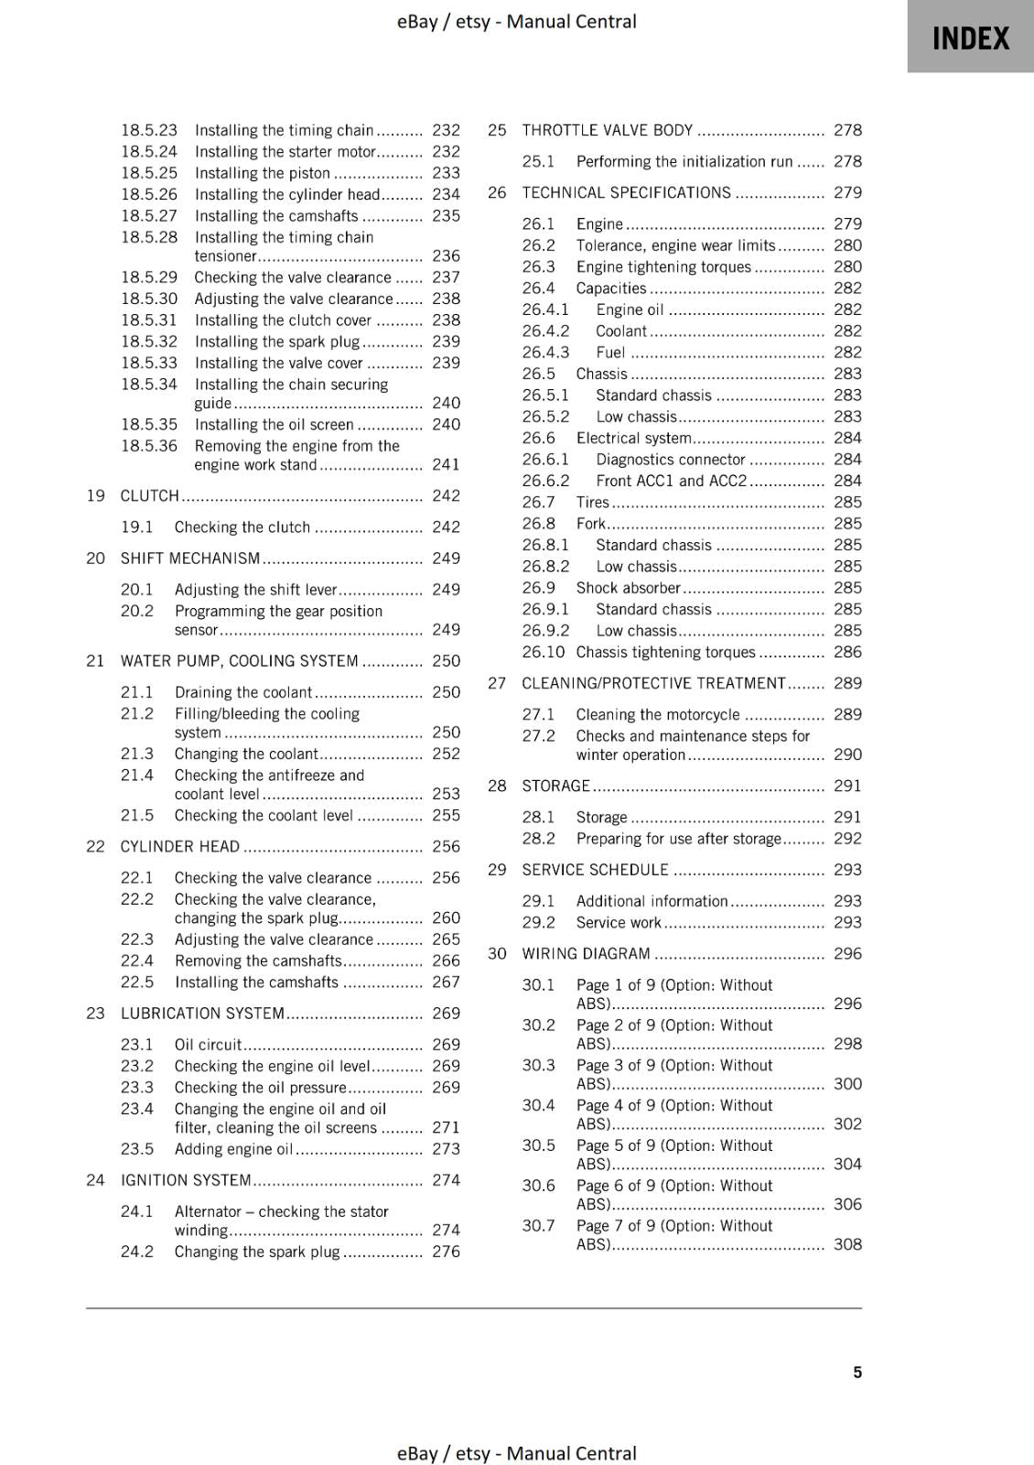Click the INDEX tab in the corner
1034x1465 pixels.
pyautogui.click(x=970, y=38)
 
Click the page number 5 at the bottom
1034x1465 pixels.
pyautogui.click(x=856, y=1372)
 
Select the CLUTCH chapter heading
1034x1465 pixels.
pyautogui.click(x=149, y=495)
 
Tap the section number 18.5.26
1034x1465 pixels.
pyautogui.click(x=149, y=194)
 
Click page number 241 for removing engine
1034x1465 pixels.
pyautogui.click(x=446, y=464)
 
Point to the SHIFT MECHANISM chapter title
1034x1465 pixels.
pyautogui.click(x=190, y=558)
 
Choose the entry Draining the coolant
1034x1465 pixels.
pyautogui.click(x=243, y=692)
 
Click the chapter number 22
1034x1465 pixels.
pyautogui.click(x=95, y=846)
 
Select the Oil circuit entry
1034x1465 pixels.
pyautogui.click(x=208, y=1044)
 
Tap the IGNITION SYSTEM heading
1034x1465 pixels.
pyautogui.click(x=186, y=1179)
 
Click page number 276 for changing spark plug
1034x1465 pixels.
pyautogui.click(x=446, y=1251)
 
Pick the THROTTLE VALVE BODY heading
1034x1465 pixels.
pyautogui.click(x=608, y=130)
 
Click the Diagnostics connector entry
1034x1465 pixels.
pyautogui.click(x=670, y=459)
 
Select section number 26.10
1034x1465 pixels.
pyautogui.click(x=543, y=652)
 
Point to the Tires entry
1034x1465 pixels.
pyautogui.click(x=592, y=502)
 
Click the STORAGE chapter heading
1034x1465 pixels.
pyautogui.click(x=555, y=786)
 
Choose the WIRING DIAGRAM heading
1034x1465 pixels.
pyautogui.click(x=586, y=953)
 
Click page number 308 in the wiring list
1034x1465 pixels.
pyautogui.click(x=847, y=1243)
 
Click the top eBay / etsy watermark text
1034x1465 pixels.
pyautogui.click(x=516, y=21)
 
